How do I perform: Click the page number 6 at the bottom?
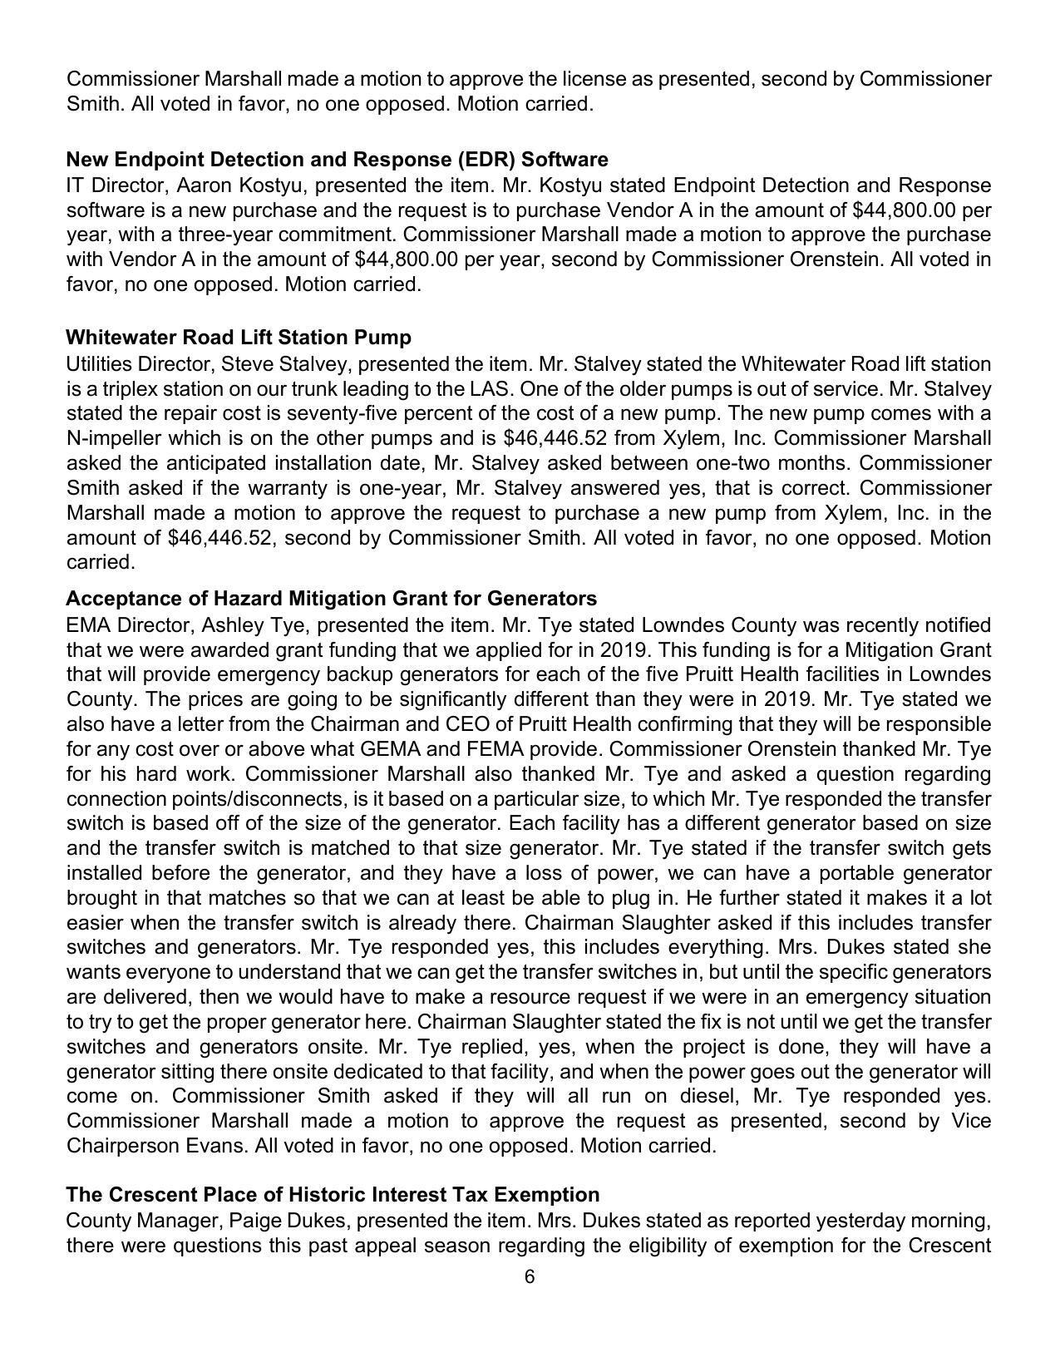[x=530, y=1277]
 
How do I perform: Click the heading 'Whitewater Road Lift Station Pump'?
[x=239, y=338]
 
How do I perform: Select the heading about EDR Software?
[x=337, y=159]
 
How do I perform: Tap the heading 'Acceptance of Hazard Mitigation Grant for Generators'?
[x=331, y=599]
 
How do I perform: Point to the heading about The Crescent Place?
[x=333, y=1195]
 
